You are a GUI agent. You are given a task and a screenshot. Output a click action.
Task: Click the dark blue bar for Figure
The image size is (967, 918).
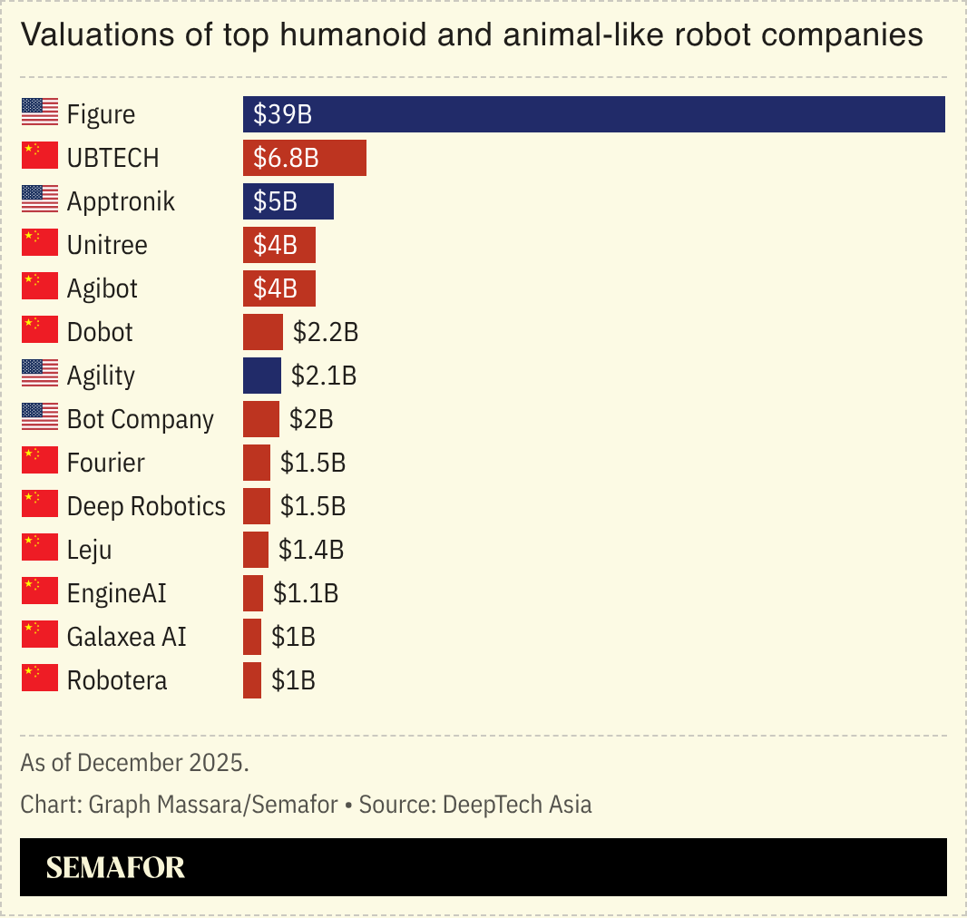pos(594,114)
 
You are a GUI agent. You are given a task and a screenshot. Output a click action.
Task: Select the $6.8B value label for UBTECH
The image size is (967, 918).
pos(286,158)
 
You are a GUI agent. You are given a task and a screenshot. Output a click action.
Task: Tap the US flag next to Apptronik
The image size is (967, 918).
pos(39,200)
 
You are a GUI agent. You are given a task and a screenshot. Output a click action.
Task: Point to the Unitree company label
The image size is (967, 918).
pos(107,245)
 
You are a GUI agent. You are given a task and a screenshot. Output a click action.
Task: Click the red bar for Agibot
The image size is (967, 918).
pos(279,288)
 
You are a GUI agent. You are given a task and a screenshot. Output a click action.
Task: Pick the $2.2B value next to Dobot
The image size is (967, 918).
pos(326,332)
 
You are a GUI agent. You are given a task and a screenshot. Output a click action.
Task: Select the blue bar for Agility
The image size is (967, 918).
pos(262,376)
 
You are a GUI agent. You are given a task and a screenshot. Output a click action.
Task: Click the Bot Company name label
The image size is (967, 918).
pos(141,419)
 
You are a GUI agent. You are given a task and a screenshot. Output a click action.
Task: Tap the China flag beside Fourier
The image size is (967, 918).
pos(39,462)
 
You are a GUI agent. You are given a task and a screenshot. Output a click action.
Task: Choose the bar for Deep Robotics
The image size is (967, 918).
pos(257,506)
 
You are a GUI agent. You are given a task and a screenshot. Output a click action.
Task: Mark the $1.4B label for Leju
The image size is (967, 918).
pos(311,550)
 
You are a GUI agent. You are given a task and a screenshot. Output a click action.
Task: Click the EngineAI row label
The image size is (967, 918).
pos(116,593)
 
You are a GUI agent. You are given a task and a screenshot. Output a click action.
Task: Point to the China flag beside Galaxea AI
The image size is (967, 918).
pos(39,636)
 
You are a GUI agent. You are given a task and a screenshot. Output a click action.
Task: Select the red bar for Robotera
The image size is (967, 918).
pos(252,680)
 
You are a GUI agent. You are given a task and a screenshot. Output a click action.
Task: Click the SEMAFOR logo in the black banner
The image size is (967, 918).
pos(115,867)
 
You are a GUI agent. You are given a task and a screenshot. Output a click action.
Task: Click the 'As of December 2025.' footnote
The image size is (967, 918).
pos(134,762)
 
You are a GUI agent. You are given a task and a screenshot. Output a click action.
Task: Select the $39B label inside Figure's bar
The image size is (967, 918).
pos(283,114)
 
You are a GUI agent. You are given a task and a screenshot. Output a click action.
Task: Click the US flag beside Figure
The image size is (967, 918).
pos(39,113)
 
